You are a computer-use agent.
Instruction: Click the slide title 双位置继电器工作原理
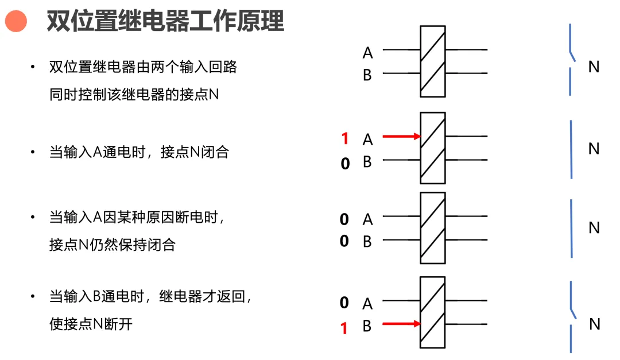click(x=165, y=21)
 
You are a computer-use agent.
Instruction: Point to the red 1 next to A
click(x=345, y=139)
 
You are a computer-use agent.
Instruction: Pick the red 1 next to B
click(x=344, y=328)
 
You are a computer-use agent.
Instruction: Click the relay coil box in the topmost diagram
click(x=433, y=61)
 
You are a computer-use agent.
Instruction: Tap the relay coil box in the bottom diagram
click(x=433, y=312)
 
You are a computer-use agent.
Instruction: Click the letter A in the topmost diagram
click(x=368, y=53)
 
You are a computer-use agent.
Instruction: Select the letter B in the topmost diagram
click(x=367, y=75)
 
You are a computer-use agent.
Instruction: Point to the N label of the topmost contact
click(x=594, y=67)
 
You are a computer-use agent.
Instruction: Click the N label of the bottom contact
click(x=595, y=324)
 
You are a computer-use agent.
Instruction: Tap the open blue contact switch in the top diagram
click(x=571, y=60)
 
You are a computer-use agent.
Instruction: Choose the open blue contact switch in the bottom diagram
click(x=571, y=316)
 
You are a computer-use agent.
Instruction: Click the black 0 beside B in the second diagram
click(x=345, y=164)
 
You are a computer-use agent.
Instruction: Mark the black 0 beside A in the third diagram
click(x=344, y=219)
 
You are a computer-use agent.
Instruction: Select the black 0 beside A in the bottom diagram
click(x=344, y=303)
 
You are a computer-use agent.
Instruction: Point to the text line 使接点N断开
click(x=91, y=324)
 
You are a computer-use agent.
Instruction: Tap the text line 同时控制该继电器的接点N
click(x=134, y=94)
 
